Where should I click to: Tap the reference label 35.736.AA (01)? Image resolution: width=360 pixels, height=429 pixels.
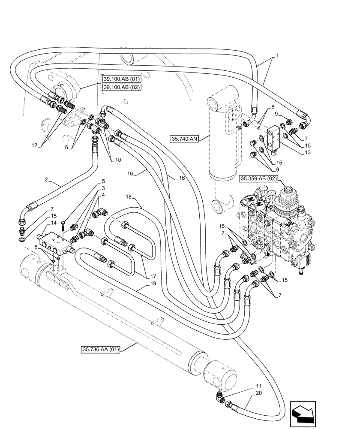tap(100, 350)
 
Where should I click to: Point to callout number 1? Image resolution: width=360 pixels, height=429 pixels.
tap(277, 56)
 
